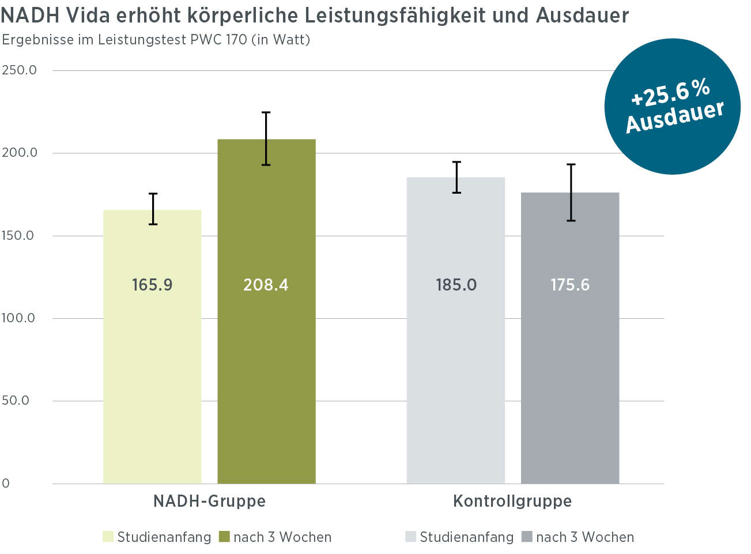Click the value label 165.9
coord(152,285)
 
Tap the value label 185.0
coord(456,285)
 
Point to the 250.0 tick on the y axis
coord(19,70)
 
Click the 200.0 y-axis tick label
coord(19,153)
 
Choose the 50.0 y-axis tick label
coord(16,401)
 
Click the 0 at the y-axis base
coord(6,484)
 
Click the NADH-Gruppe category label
coord(209,501)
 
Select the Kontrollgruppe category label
coord(512,501)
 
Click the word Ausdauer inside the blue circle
coord(675,118)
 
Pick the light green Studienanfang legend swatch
coord(108,537)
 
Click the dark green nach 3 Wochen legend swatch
coord(224,537)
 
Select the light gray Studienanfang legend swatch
coord(411,537)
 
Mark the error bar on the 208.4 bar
coord(266,138)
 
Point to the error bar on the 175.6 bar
coord(571,193)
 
